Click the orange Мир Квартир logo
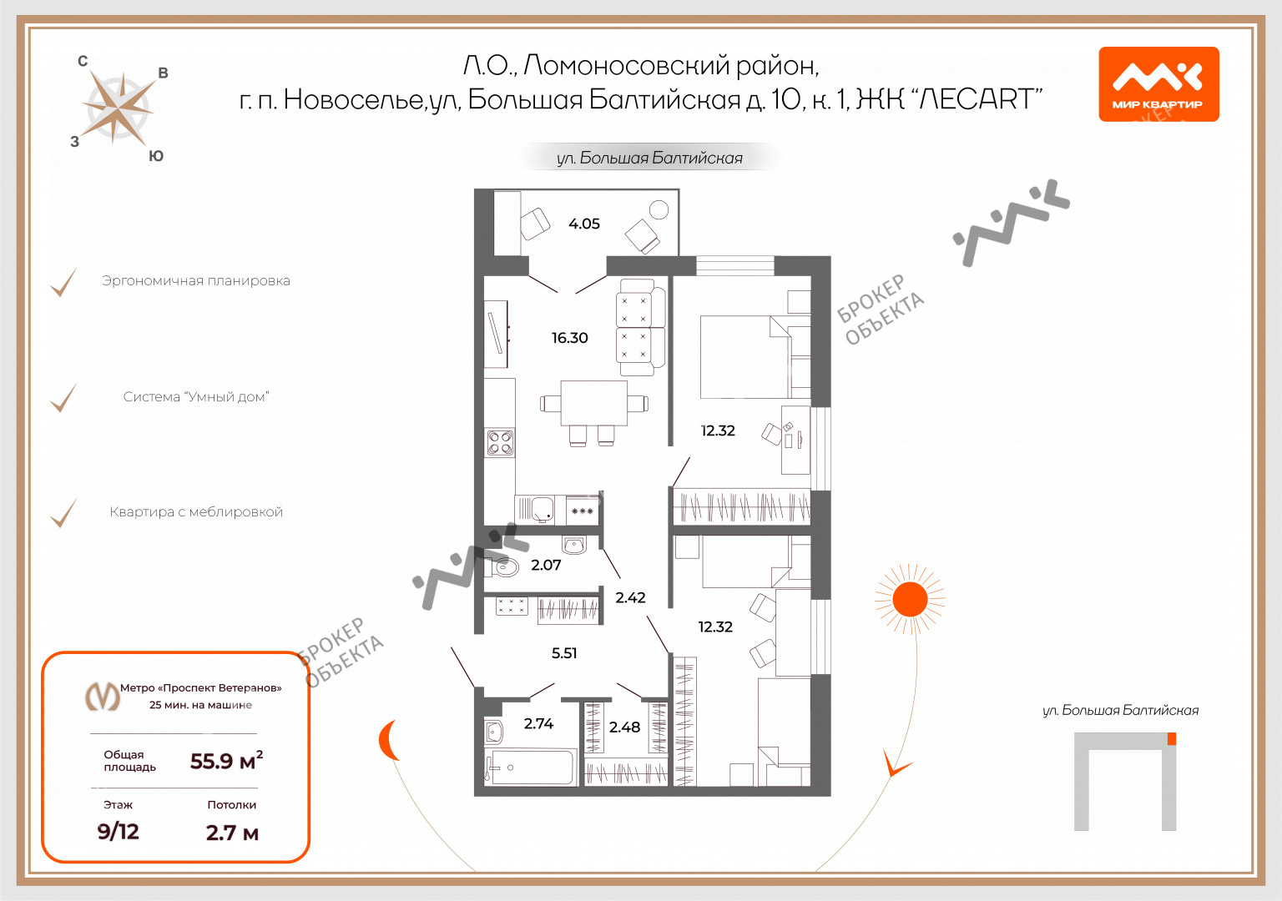point(1158,84)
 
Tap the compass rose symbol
point(119,108)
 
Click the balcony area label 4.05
point(583,224)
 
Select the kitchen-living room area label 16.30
point(569,338)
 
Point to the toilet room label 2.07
point(546,565)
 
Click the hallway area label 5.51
point(563,652)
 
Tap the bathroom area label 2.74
point(538,723)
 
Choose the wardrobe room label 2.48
point(624,727)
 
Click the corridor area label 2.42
point(630,598)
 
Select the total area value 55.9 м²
point(227,761)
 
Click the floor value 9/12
point(119,831)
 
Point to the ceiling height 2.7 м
point(232,833)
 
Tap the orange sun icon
point(910,600)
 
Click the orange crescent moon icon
point(387,740)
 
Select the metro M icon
point(103,697)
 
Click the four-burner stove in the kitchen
point(500,443)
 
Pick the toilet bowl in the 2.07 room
point(502,567)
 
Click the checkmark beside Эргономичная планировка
point(63,282)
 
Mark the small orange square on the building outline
point(1172,738)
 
